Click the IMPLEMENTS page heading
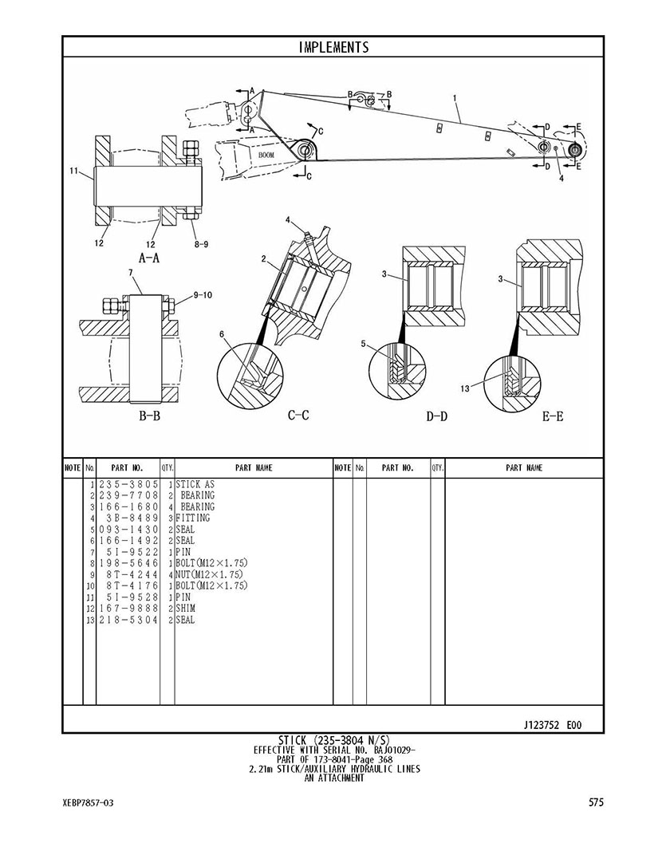click(333, 47)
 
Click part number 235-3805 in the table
click(128, 484)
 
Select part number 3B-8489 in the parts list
click(132, 518)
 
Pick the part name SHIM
click(185, 609)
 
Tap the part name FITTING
click(193, 518)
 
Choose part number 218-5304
click(128, 620)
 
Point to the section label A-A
click(148, 258)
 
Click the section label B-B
click(149, 416)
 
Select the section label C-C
click(298, 415)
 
